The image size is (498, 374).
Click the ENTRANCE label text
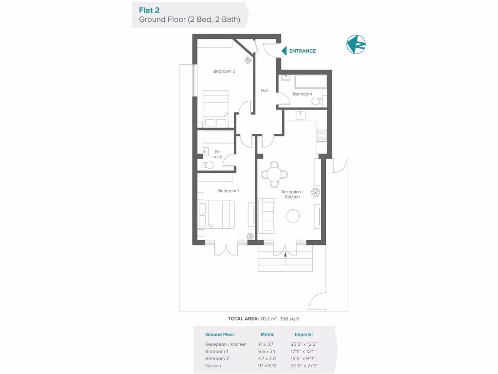click(x=302, y=51)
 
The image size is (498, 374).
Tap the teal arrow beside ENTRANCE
click(x=284, y=51)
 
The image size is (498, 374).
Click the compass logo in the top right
click(x=356, y=44)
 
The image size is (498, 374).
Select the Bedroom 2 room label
click(x=224, y=71)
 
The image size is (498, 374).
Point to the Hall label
click(x=265, y=90)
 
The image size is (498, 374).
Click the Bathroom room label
click(x=302, y=94)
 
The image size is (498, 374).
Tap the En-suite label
click(x=218, y=154)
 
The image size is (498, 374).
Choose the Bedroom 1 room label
click(x=228, y=191)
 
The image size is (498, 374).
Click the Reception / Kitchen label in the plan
click(x=292, y=194)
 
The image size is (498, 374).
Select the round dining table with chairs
click(x=274, y=174)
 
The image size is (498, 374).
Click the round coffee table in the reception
click(x=293, y=215)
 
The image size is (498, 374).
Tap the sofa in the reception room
click(x=266, y=215)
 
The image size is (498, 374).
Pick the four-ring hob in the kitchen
click(x=321, y=135)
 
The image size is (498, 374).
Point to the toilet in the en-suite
click(x=208, y=165)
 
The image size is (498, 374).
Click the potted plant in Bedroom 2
click(x=248, y=60)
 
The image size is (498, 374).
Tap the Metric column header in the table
click(x=267, y=335)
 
